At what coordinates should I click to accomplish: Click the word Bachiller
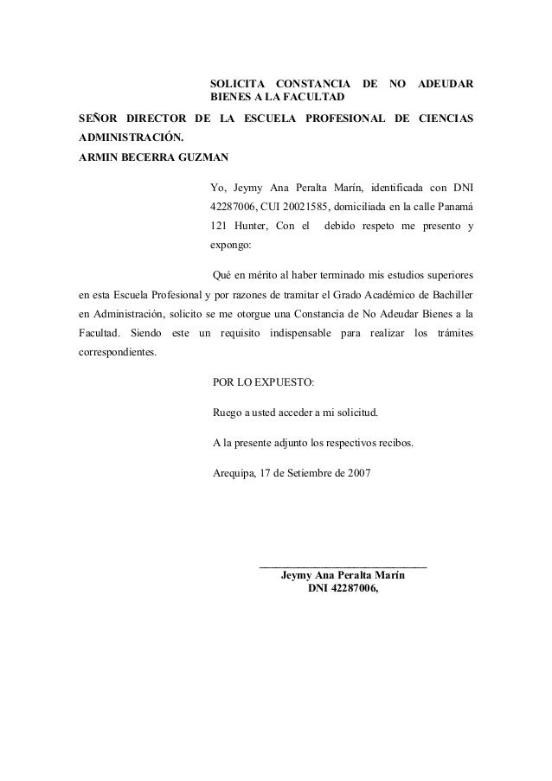(x=449, y=295)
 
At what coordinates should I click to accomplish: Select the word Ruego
(x=227, y=412)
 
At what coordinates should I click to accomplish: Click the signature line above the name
(x=343, y=567)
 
